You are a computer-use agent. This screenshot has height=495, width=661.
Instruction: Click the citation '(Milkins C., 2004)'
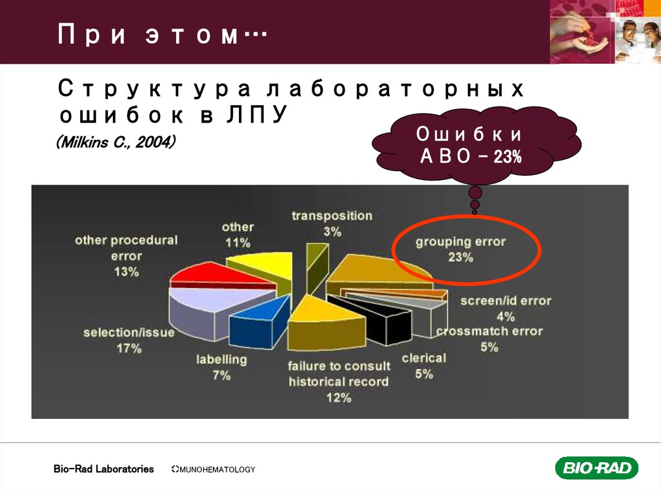pyautogui.click(x=116, y=141)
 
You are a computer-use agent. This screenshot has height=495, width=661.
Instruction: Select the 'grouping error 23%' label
pyautogui.click(x=461, y=249)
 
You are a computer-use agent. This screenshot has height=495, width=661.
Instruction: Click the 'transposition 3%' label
pyautogui.click(x=332, y=223)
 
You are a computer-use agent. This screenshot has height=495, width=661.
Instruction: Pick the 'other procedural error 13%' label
pyautogui.click(x=127, y=256)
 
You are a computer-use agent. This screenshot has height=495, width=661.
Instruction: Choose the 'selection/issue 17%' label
pyautogui.click(x=129, y=340)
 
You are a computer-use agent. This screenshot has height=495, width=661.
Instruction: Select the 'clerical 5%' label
pyautogui.click(x=423, y=365)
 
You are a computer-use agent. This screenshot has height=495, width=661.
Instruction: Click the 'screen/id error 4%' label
pyautogui.click(x=505, y=308)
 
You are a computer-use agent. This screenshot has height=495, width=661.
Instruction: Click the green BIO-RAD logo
pyautogui.click(x=596, y=468)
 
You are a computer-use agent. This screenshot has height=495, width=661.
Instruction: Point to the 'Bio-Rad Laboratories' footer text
pyautogui.click(x=103, y=469)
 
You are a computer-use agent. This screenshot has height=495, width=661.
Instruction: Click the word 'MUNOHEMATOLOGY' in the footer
pyautogui.click(x=216, y=470)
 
